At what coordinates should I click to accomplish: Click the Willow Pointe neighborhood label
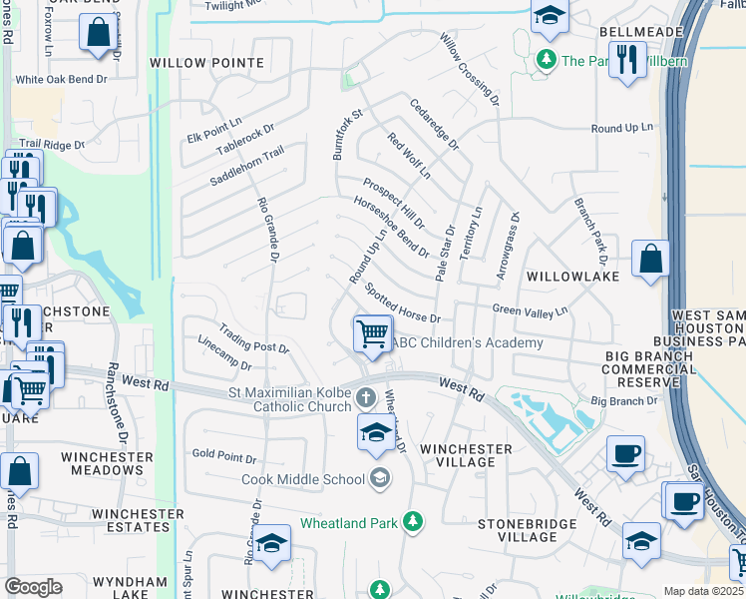coord(207,63)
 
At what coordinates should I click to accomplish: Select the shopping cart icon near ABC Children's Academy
coord(372,333)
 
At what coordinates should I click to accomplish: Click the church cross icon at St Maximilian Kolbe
coord(366,398)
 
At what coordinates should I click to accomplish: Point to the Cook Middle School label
coord(303,479)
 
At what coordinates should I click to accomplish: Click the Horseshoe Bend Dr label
coord(391,226)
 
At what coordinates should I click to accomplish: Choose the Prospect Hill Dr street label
coord(393,203)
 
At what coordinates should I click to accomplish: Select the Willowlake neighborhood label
coord(572,275)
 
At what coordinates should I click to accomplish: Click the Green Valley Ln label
coord(531,310)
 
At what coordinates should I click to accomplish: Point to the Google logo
coord(33,586)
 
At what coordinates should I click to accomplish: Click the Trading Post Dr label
coord(254,341)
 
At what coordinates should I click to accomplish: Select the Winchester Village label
coord(466,455)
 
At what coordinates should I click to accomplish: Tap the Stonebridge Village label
coord(527,530)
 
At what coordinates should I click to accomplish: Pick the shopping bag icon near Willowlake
coord(650,260)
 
